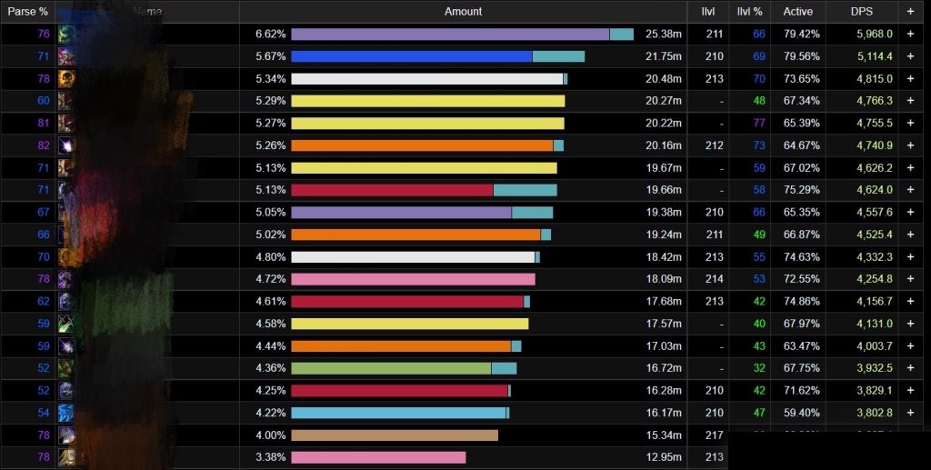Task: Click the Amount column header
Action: (x=463, y=11)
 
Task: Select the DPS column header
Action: (x=861, y=11)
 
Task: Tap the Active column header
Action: (x=797, y=11)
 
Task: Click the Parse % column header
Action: (x=28, y=11)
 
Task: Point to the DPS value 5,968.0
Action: (x=875, y=34)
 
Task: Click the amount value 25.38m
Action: (x=664, y=34)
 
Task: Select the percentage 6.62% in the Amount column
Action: (x=270, y=34)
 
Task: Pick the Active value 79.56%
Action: (x=802, y=56)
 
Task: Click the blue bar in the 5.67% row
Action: (x=411, y=56)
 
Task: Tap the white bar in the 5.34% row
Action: (x=425, y=78)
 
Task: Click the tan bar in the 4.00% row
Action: (x=395, y=435)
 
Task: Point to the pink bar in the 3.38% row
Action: (x=378, y=457)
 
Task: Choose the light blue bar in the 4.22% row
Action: (x=398, y=413)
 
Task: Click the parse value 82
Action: (x=44, y=145)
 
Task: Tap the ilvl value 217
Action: (x=714, y=435)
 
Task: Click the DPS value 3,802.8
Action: (x=875, y=413)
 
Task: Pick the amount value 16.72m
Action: (x=664, y=368)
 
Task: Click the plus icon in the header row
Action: (x=910, y=11)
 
